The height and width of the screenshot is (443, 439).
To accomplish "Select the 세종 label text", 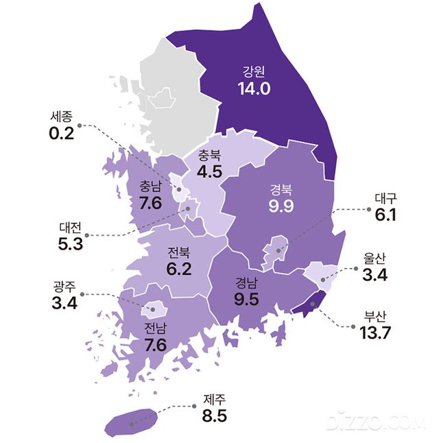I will (x=61, y=116).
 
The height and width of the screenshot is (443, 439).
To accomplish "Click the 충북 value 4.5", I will (x=209, y=171).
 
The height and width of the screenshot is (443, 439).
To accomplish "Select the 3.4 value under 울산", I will (x=375, y=276).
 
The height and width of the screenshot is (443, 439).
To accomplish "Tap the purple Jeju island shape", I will (x=130, y=420).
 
